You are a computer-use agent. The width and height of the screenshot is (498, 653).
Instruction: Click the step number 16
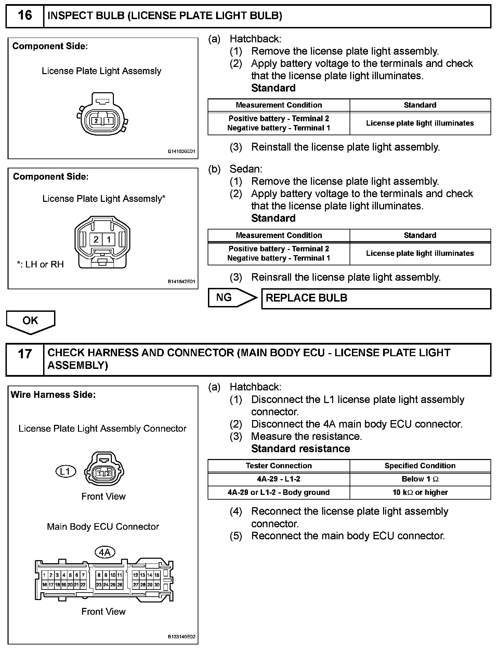point(25,15)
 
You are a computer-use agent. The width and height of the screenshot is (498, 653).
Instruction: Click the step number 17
point(25,354)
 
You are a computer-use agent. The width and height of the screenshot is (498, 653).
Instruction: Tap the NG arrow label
point(224,297)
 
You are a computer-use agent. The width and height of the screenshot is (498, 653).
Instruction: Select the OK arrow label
point(30,320)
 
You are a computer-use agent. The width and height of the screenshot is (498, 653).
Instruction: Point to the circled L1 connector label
point(65,472)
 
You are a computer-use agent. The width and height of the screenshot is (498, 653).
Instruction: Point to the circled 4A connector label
point(104,552)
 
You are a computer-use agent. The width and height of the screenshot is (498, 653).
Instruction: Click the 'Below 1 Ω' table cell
point(420,479)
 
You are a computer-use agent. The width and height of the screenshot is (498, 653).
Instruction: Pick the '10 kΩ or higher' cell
point(420,492)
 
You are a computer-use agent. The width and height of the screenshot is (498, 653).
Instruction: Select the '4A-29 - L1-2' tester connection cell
point(278,479)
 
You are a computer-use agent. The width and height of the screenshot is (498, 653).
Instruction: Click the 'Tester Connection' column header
point(278,466)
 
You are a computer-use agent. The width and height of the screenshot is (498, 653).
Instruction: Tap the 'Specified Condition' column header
point(420,466)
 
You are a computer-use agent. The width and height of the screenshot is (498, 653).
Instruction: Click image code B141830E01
point(181,151)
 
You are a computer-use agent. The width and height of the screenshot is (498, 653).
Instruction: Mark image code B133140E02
point(181,637)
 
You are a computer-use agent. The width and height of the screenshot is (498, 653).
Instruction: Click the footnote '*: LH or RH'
point(40,264)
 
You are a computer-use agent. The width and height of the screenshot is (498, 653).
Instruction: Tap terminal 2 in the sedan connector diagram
point(96,239)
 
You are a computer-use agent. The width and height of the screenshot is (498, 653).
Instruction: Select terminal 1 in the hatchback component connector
point(108,121)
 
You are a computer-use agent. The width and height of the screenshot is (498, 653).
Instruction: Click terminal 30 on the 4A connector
point(157,585)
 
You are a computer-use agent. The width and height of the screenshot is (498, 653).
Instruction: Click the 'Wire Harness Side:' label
point(53,395)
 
